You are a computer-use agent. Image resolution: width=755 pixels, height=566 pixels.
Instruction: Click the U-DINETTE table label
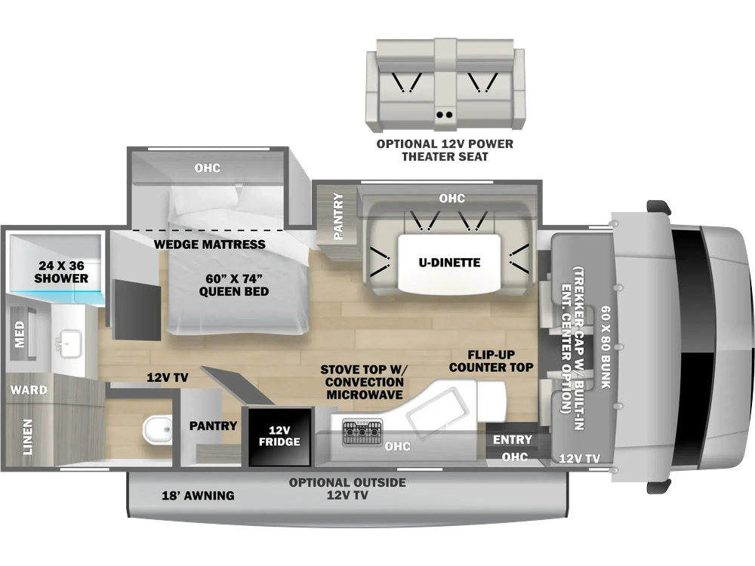click(x=449, y=263)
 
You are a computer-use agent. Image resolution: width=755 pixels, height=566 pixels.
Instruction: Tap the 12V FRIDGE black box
click(x=279, y=436)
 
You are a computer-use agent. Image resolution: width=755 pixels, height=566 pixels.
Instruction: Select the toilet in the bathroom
click(x=158, y=430)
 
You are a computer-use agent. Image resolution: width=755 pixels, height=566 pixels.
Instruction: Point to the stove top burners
click(x=362, y=432)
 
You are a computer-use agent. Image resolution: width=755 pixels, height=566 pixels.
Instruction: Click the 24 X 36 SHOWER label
click(x=61, y=272)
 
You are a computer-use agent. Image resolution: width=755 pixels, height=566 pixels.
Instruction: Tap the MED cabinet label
click(x=20, y=334)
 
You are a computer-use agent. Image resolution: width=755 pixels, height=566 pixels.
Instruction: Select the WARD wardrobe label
click(x=29, y=389)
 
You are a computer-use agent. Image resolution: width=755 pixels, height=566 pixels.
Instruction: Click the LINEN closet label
click(x=28, y=436)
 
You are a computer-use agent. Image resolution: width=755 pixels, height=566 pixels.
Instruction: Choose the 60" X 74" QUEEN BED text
click(x=234, y=285)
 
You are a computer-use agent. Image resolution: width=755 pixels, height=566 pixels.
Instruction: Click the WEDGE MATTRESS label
click(x=209, y=245)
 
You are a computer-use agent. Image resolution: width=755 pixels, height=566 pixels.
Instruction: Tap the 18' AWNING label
click(x=198, y=495)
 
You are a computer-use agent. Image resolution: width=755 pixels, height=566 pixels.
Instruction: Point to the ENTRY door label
click(x=513, y=439)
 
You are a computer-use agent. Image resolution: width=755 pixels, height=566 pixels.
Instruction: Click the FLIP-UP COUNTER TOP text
click(x=492, y=361)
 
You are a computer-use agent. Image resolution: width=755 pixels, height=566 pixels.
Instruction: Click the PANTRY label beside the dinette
click(x=338, y=216)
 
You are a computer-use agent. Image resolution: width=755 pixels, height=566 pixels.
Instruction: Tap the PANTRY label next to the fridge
click(x=213, y=426)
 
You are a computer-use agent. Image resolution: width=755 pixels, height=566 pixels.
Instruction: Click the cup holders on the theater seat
click(x=445, y=115)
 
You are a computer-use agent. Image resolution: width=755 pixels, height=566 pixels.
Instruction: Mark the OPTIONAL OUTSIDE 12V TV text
click(x=347, y=488)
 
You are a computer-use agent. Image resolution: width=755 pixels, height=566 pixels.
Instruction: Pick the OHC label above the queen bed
click(x=208, y=168)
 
